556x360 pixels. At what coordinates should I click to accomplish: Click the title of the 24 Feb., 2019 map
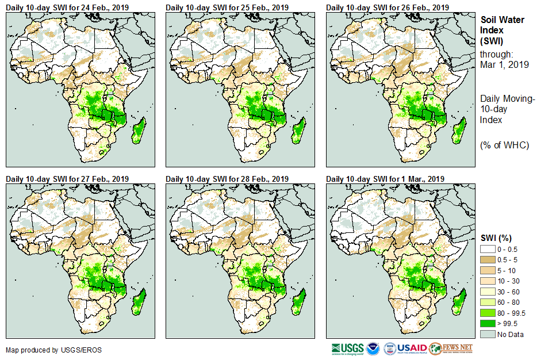[67, 7]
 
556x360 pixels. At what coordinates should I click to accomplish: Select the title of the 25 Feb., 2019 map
[227, 7]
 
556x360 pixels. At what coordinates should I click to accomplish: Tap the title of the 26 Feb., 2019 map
[388, 7]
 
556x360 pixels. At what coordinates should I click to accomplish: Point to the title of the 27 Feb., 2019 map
[67, 179]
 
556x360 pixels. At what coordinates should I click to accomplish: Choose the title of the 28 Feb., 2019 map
[227, 179]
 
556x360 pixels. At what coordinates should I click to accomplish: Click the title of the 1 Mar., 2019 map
[386, 179]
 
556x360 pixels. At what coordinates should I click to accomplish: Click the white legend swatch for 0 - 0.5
[488, 248]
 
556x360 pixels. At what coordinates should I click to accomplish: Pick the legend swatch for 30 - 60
[488, 291]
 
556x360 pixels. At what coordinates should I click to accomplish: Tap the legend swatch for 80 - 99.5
[488, 313]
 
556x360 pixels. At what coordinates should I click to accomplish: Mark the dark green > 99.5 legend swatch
[488, 324]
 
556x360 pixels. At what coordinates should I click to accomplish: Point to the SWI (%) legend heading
[496, 238]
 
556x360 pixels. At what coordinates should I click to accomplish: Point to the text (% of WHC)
[504, 145]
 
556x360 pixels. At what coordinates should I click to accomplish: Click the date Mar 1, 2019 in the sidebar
[504, 64]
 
